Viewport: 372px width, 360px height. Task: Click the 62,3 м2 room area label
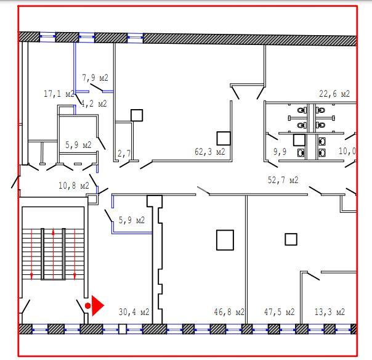click(210, 152)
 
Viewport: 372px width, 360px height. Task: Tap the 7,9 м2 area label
click(95, 78)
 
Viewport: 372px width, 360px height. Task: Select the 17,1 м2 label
click(59, 94)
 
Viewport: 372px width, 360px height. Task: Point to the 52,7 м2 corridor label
click(283, 180)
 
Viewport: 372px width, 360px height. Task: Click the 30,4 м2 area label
click(134, 312)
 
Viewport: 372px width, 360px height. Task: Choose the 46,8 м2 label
click(229, 312)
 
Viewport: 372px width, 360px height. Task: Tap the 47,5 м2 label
click(279, 312)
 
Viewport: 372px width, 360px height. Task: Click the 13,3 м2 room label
click(330, 312)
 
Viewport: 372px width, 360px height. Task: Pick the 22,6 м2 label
click(334, 94)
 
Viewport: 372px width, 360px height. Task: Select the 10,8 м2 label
click(74, 186)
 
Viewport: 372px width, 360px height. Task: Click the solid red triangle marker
click(97, 306)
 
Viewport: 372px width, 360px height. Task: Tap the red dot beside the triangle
click(88, 306)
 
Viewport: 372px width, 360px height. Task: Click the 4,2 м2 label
click(94, 104)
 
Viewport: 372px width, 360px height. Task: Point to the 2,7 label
click(124, 153)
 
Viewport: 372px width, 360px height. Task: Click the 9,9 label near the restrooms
click(280, 152)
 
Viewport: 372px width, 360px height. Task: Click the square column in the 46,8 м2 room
click(225, 240)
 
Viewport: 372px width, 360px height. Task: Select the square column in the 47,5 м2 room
click(291, 239)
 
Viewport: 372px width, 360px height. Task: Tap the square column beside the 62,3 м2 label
click(224, 139)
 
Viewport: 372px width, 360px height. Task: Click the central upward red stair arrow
click(53, 253)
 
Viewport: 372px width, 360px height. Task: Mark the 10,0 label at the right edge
click(347, 151)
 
